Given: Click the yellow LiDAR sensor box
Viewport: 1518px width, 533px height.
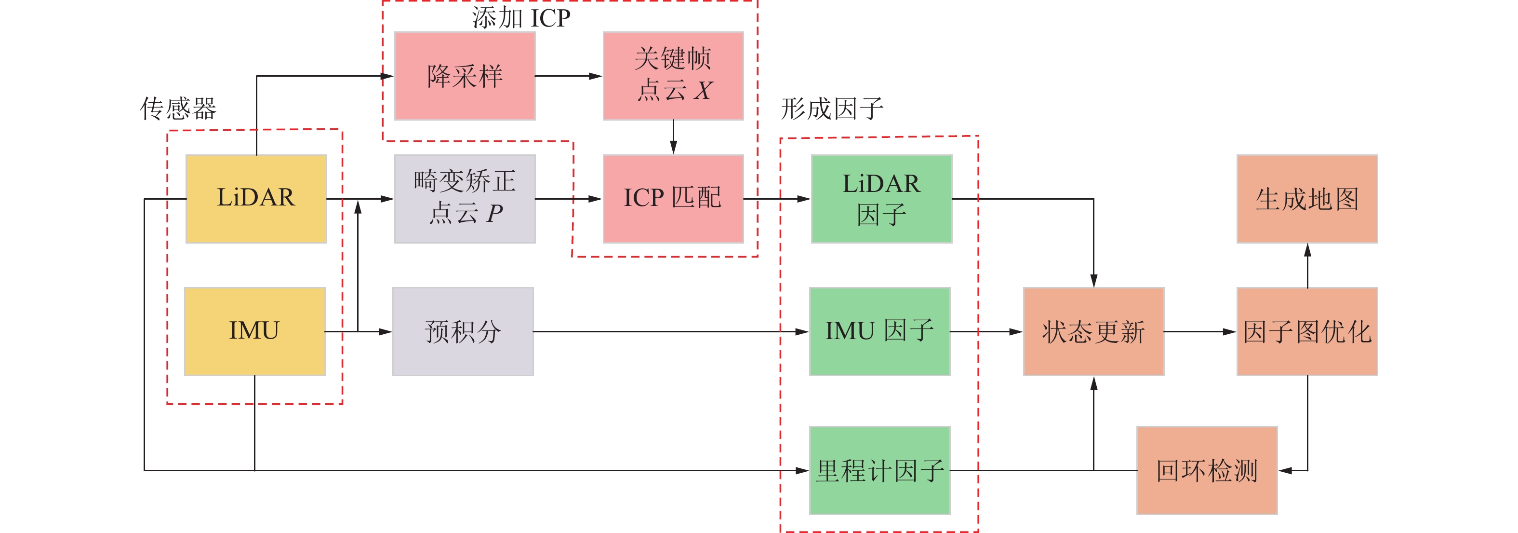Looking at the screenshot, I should coord(256,199).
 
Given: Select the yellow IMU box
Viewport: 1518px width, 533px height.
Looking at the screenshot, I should coord(254,331).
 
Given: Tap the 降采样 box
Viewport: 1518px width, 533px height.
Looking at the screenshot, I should coord(465,76).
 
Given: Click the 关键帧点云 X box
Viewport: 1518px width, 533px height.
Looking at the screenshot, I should coord(673,76).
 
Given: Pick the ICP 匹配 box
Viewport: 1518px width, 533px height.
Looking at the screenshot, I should coord(673,199).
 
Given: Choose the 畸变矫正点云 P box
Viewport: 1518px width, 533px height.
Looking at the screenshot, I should coord(465,199).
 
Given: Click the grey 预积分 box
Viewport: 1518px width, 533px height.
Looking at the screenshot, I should coord(463,331).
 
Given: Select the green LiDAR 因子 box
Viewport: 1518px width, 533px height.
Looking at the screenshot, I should coord(881,199).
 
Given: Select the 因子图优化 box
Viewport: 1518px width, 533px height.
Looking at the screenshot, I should coord(1306,331).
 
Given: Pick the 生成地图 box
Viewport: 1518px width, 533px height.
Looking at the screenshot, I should coord(1306,199).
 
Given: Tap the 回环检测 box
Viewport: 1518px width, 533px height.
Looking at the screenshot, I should coord(1206,470).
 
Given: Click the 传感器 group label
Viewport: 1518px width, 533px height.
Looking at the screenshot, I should coord(178,109).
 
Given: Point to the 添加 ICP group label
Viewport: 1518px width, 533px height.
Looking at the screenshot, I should coord(521,18).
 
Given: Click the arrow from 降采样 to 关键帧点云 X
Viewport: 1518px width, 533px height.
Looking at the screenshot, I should coord(569,76).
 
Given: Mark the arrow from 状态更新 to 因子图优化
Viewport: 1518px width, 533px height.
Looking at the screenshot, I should coord(1200,331).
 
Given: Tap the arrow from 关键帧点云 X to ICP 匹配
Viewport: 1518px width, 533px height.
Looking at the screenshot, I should coord(673,137).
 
